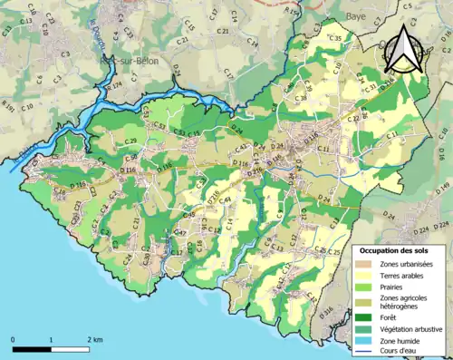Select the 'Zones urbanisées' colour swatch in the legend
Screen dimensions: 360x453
point(368,263)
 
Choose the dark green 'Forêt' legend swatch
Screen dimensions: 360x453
point(368,317)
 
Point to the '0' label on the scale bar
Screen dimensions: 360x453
point(14,339)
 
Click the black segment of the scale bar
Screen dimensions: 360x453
point(33,348)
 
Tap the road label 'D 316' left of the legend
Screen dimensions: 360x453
point(327,309)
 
